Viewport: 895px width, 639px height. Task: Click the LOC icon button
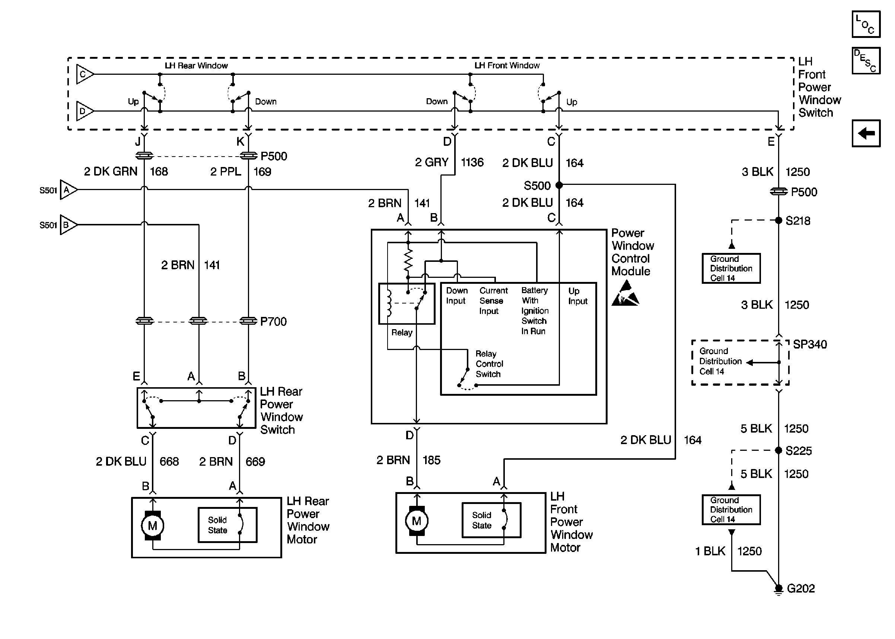tap(866, 24)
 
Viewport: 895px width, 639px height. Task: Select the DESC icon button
tap(866, 61)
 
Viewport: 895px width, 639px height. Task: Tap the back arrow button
tap(866, 134)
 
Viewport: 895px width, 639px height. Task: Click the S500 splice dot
tap(559, 185)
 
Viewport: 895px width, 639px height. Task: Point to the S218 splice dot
tap(778, 220)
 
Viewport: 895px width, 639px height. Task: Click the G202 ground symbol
tap(778, 589)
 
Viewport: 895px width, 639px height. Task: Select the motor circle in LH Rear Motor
tap(152, 526)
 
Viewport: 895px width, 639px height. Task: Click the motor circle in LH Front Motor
tap(416, 521)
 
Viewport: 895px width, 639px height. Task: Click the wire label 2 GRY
tap(431, 162)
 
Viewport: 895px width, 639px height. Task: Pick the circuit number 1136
tap(472, 162)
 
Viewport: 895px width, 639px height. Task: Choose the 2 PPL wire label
tap(226, 171)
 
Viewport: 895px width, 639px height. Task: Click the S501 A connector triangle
tap(68, 190)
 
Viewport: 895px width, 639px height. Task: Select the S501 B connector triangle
tap(68, 225)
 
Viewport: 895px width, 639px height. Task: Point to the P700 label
tap(273, 321)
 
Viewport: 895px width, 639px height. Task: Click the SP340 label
tap(809, 344)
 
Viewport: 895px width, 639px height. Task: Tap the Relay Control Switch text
tap(489, 364)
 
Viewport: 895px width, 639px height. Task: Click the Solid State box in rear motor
tap(227, 525)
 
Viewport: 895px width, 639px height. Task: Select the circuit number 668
tap(169, 461)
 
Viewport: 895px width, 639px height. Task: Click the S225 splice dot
tap(778, 450)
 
